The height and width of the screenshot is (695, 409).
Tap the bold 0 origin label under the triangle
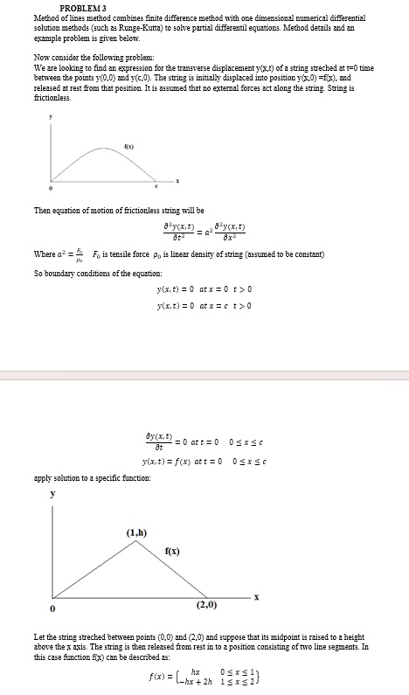[x=52, y=608]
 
